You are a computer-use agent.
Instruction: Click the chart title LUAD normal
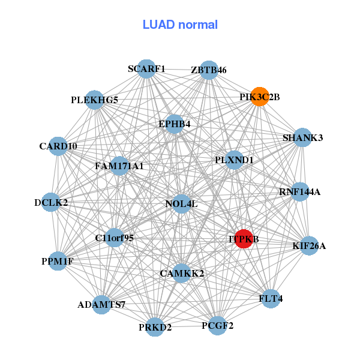(180, 25)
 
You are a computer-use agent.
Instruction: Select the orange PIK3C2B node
(259, 97)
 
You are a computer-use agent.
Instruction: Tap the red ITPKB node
(244, 239)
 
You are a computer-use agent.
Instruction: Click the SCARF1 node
(146, 69)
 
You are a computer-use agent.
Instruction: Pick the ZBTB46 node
(208, 70)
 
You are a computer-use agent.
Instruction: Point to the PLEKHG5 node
(94, 100)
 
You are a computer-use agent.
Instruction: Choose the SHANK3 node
(302, 138)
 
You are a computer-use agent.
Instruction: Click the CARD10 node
(58, 146)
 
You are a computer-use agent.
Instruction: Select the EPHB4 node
(175, 124)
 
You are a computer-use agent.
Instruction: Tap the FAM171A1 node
(119, 166)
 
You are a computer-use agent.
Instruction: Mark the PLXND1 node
(234, 160)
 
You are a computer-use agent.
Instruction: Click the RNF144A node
(299, 192)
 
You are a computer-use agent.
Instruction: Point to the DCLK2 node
(52, 202)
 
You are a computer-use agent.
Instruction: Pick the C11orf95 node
(114, 238)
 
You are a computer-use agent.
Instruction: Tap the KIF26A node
(309, 245)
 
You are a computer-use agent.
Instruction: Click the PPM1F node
(58, 261)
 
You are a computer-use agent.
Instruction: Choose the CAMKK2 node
(182, 274)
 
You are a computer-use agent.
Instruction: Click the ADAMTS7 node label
(101, 305)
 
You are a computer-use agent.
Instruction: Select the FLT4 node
(271, 298)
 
